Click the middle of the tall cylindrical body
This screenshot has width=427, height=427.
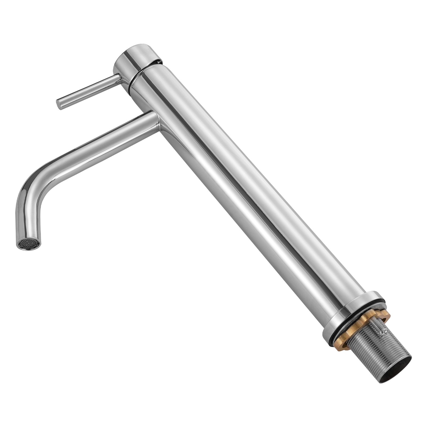(240, 187)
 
